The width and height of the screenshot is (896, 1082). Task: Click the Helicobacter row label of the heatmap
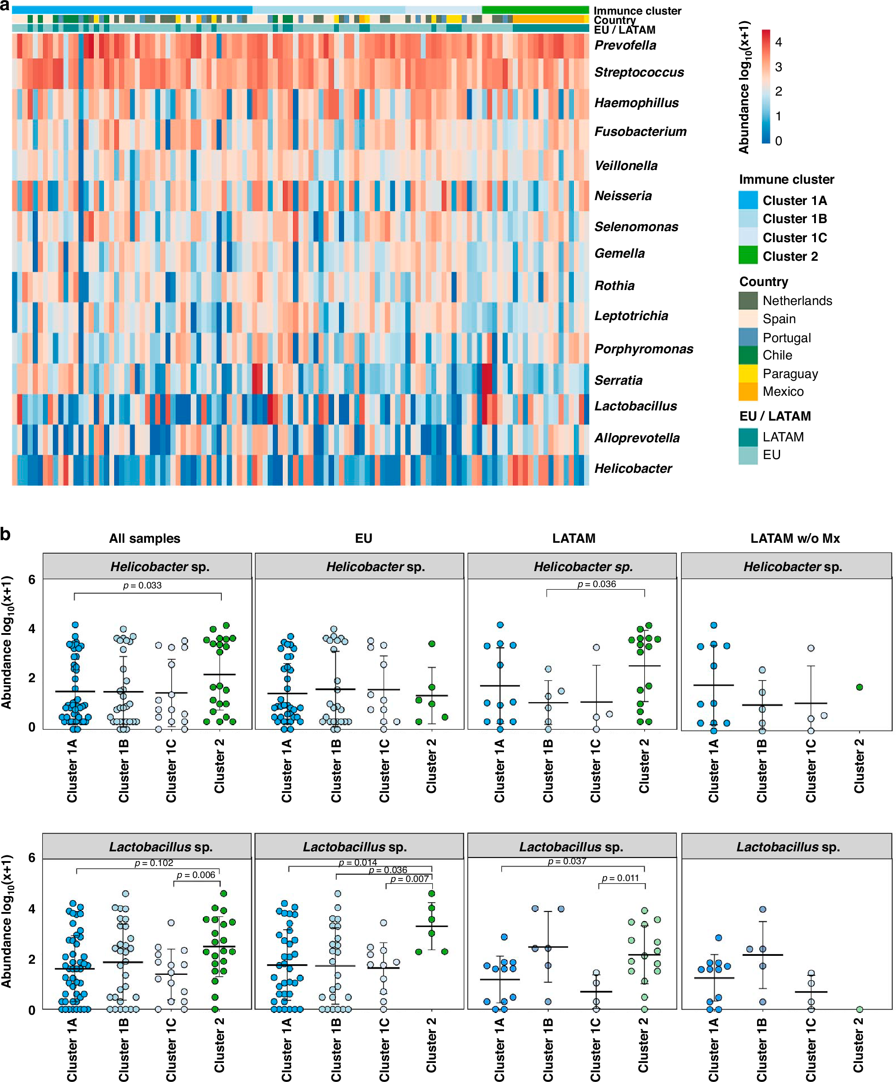[633, 468]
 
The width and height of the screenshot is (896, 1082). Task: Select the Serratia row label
[619, 380]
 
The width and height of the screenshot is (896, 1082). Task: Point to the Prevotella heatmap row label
[625, 45]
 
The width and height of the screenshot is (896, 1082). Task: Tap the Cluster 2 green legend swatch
[748, 255]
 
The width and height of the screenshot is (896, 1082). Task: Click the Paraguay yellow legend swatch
[748, 373]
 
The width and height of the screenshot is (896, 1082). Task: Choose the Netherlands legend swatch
[748, 301]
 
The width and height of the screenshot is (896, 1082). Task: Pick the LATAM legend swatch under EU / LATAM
[748, 437]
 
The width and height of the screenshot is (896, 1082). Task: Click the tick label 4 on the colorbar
[778, 42]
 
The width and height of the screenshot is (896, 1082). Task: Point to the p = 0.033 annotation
[142, 585]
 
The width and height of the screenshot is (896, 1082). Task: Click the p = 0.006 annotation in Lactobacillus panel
[196, 875]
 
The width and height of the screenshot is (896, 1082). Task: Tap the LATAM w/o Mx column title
[795, 538]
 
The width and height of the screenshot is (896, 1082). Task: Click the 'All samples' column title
[145, 538]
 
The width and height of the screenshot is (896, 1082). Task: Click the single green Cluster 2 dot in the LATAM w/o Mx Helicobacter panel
[859, 687]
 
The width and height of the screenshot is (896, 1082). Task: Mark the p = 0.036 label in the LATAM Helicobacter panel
[596, 584]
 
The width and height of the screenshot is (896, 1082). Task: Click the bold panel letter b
[6, 534]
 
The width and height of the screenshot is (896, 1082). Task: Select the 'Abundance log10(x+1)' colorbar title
[744, 87]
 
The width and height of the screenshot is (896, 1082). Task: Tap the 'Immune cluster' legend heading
[786, 179]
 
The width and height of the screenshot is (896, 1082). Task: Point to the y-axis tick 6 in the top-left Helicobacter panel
[32, 580]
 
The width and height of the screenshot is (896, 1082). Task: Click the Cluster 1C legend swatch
[748, 237]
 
